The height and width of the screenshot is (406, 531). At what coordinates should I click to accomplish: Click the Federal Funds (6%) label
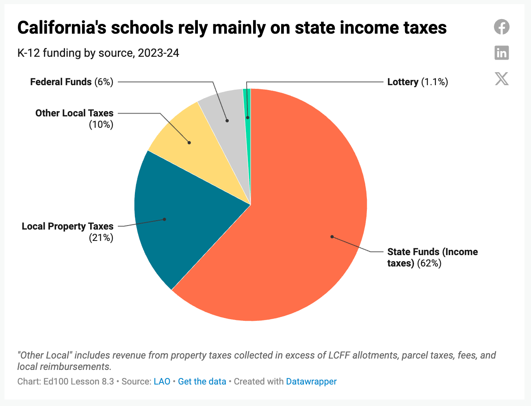point(72,82)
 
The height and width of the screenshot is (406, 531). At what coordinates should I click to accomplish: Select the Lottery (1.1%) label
point(418,82)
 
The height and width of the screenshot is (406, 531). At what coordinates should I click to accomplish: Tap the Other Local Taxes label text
point(74,113)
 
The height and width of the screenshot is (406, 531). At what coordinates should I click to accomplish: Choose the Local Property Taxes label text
point(67,226)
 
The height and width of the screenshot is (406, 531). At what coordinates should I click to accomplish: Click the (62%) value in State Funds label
point(429,263)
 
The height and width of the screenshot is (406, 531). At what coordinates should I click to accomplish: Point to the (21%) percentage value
point(101,238)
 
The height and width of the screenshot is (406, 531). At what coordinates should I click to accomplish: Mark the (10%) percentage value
point(101,125)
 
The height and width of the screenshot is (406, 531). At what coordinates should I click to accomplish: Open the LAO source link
point(162,382)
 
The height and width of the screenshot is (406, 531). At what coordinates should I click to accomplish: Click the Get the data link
point(202,382)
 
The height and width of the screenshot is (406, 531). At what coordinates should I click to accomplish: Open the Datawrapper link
point(311,382)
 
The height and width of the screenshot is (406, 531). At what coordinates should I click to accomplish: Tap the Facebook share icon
point(502,27)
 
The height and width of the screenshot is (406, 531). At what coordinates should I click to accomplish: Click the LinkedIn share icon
point(502,53)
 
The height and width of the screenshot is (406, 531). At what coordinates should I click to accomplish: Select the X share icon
point(502,79)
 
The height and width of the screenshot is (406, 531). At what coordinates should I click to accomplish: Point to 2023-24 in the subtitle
point(158,53)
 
